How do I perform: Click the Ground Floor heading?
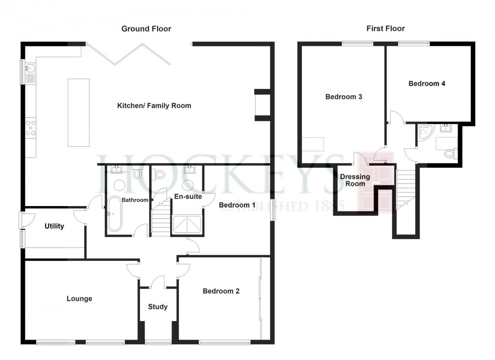[x=146, y=29]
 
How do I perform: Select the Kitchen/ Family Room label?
[x=154, y=106]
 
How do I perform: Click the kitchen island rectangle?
[x=78, y=112]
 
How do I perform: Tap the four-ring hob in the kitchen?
[x=31, y=127]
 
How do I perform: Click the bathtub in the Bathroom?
[x=114, y=214]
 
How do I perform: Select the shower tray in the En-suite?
[x=188, y=225]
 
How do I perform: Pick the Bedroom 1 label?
[x=237, y=205]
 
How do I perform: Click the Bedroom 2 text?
[x=221, y=291]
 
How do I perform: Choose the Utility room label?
[x=54, y=226]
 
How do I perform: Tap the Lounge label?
[x=79, y=298]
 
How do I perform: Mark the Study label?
[x=157, y=306]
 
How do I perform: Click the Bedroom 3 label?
[x=344, y=97]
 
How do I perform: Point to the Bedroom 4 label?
[x=427, y=83]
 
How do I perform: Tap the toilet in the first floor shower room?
[x=450, y=154]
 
